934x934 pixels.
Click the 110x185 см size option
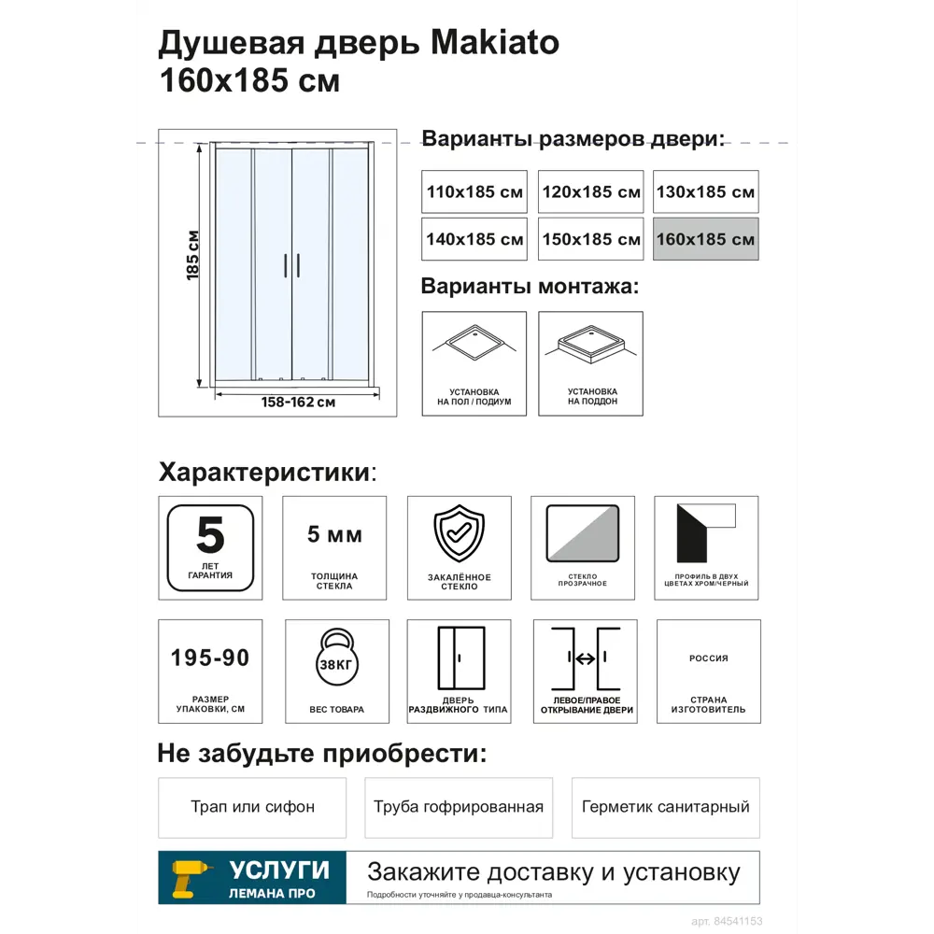coord(474,191)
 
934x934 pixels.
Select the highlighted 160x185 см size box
coord(705,239)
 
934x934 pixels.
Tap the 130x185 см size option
coord(705,191)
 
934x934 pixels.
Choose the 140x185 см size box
coord(474,239)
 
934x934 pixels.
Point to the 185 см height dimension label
coord(193,255)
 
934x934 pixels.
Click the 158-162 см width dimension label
coord(299,403)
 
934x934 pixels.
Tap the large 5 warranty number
coord(210,535)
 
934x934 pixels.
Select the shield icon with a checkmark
coord(459,532)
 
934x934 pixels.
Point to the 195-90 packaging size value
coord(210,658)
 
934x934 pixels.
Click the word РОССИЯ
coord(708,658)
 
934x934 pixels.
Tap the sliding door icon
coord(460,658)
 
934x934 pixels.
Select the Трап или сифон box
coord(252,807)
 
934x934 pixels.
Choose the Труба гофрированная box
coord(459,807)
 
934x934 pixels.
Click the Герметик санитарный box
coord(665,807)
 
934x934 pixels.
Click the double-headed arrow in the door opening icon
coord(586,659)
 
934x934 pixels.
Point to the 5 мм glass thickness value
coord(334,535)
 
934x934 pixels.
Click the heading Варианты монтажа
coord(530,286)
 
